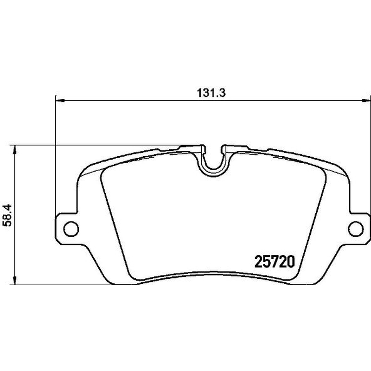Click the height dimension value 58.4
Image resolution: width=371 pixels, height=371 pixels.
(7, 215)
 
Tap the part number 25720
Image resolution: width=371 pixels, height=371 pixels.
(275, 262)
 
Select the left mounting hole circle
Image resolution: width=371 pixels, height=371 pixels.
(71, 229)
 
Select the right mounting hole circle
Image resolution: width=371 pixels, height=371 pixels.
(355, 229)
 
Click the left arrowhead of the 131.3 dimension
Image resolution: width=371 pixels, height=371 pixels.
(60, 101)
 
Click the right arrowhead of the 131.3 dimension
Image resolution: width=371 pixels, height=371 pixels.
(366, 101)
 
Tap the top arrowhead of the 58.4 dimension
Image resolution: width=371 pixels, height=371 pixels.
(15, 149)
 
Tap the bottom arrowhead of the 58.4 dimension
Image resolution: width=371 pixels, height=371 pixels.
(15, 280)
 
